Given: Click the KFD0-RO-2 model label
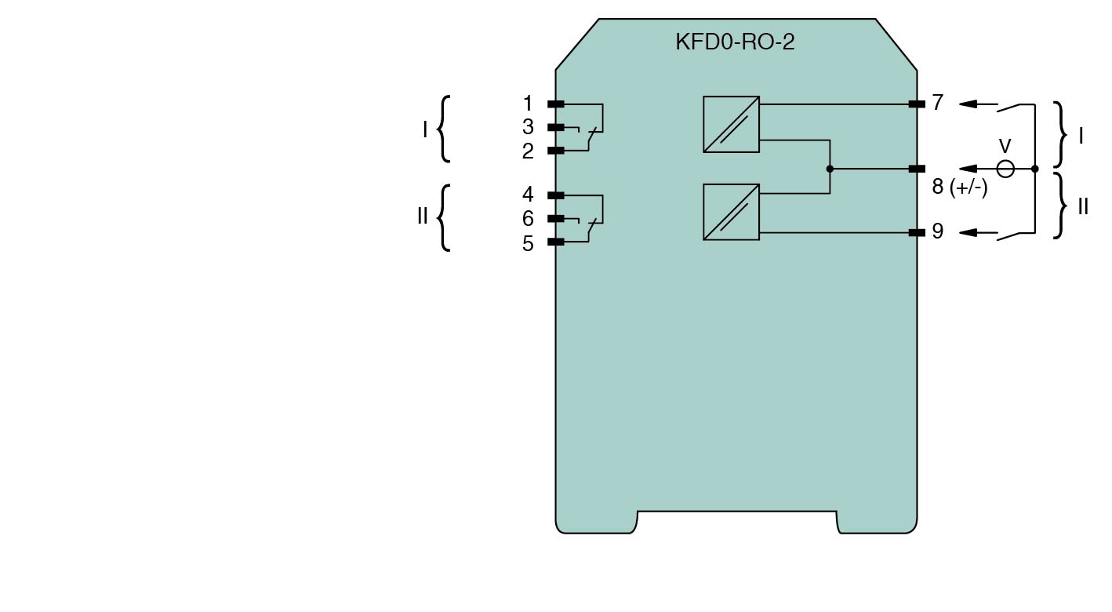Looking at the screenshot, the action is coord(735,42).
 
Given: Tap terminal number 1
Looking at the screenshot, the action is coord(528,104).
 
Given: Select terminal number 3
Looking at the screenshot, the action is coord(528,127).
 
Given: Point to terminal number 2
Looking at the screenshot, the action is coord(528,151).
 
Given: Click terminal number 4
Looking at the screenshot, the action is coord(528,195).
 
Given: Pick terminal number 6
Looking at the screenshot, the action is coord(528,219).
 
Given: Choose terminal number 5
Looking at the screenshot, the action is coord(528,243).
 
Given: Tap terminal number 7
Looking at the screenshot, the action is coord(937,103).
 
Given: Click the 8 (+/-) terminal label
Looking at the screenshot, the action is coord(960,188).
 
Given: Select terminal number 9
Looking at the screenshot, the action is coord(937,231).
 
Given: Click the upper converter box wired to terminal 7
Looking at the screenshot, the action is coord(731,124).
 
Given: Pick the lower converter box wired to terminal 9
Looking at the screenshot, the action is coord(731,212).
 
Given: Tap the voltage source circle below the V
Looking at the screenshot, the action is coord(1005,169).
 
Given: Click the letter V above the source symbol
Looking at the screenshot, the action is coord(1005,146).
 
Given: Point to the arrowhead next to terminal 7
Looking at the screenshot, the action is coord(968,104).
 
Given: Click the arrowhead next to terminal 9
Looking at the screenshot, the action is coord(968,232).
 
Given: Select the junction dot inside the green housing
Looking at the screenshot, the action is coord(830,169).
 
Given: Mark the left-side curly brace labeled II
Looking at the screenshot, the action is coord(444,218).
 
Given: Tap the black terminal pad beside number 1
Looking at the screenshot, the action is coord(555,104).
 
